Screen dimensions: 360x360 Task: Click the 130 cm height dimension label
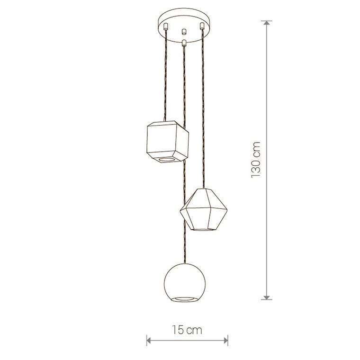click(x=256, y=160)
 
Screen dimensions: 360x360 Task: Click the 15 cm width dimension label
click(x=187, y=330)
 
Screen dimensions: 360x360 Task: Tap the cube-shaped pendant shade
click(x=167, y=142)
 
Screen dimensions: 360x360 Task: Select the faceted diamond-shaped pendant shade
click(x=203, y=209)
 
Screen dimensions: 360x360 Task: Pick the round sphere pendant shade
click(x=185, y=283)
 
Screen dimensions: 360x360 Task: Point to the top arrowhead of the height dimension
click(x=266, y=23)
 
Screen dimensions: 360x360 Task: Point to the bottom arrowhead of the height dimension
click(x=266, y=297)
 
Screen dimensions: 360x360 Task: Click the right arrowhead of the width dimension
click(x=225, y=341)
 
